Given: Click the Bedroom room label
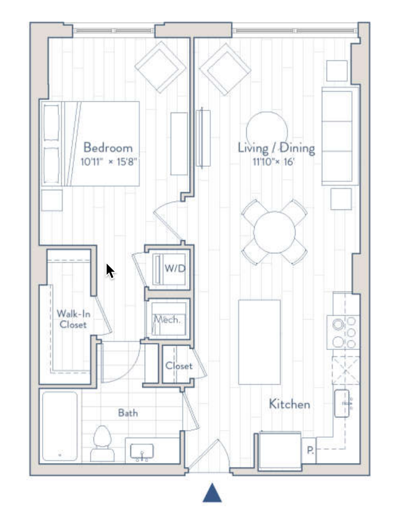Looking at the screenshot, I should click(x=108, y=148).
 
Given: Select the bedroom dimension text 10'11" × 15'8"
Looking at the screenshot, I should click(x=110, y=162).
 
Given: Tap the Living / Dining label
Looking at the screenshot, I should click(x=276, y=148).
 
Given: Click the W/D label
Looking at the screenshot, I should click(x=174, y=268).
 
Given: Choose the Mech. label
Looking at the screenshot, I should click(x=168, y=320).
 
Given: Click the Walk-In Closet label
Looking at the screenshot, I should click(x=71, y=319).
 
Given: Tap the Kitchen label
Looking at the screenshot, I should click(x=289, y=404).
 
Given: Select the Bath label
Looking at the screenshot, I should click(x=128, y=413).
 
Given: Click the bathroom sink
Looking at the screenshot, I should click(x=142, y=453).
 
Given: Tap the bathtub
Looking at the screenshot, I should click(x=59, y=426).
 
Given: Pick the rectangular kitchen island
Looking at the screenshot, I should click(x=259, y=342).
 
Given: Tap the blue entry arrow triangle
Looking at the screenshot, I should click(x=212, y=493).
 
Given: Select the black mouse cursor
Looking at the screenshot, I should click(x=109, y=270).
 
